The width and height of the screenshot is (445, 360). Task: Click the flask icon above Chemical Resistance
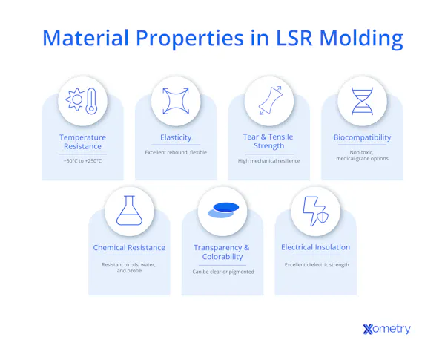coord(129,210)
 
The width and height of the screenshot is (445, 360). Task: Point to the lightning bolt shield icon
coord(315,212)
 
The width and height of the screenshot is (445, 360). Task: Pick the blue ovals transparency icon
coord(222,211)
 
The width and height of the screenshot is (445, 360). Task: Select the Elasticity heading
coord(176,137)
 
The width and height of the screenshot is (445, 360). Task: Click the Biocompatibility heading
coord(362,137)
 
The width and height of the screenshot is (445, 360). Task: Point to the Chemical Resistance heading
coord(129,247)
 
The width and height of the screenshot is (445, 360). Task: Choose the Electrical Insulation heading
coord(315,247)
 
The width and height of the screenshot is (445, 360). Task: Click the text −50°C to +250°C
coord(83,160)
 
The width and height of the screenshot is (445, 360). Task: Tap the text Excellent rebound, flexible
coord(176,152)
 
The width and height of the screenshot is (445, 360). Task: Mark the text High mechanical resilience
coord(268,160)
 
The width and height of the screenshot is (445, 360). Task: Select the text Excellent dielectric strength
coord(315,264)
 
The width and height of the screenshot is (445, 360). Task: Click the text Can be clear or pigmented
coord(222,272)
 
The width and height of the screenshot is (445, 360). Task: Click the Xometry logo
coord(386,329)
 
